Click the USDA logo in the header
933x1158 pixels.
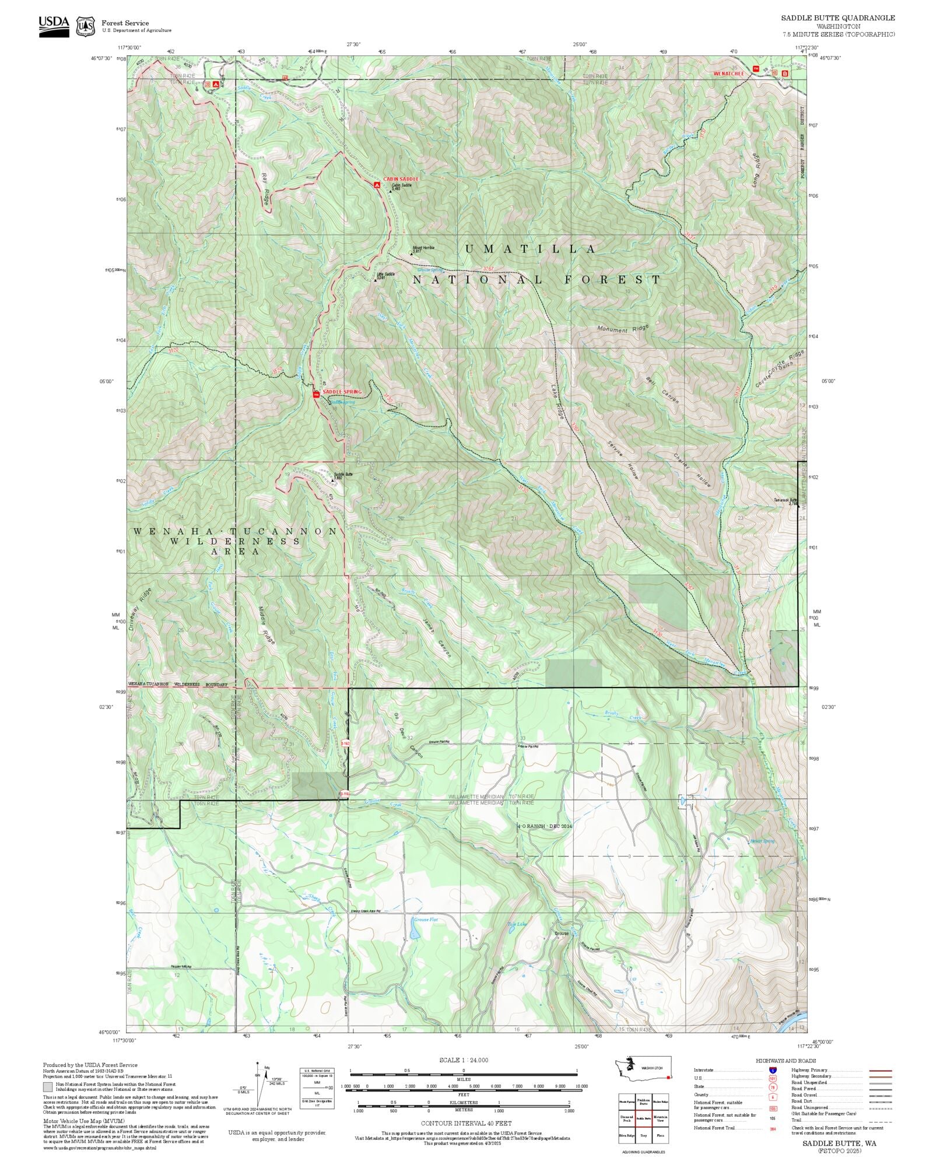(x=54, y=26)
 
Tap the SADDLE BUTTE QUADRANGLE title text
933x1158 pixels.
(x=837, y=18)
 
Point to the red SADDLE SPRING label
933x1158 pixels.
(x=342, y=392)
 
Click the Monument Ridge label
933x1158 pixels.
(x=623, y=329)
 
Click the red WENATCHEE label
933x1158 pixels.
(x=729, y=73)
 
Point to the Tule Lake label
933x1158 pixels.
(x=516, y=924)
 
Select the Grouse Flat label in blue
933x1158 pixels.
(x=426, y=920)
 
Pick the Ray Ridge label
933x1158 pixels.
(x=265, y=189)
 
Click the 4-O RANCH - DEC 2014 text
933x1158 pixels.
(x=545, y=826)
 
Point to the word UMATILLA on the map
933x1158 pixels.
(x=531, y=249)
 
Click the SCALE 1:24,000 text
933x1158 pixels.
(x=464, y=1060)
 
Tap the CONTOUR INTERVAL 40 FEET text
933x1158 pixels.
(x=466, y=1123)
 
